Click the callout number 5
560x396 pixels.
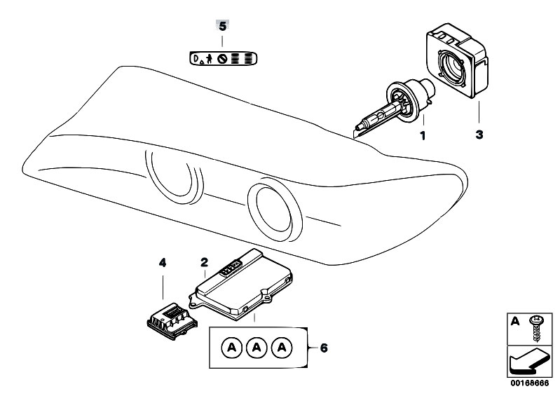(223, 27)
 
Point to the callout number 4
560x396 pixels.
(162, 264)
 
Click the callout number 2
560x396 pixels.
(204, 264)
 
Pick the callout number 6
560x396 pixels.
(323, 346)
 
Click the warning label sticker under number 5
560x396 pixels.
(222, 57)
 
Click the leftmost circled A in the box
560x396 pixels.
(231, 347)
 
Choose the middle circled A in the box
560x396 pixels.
(257, 347)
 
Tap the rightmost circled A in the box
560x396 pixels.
(283, 347)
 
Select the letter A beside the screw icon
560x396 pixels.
(516, 322)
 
